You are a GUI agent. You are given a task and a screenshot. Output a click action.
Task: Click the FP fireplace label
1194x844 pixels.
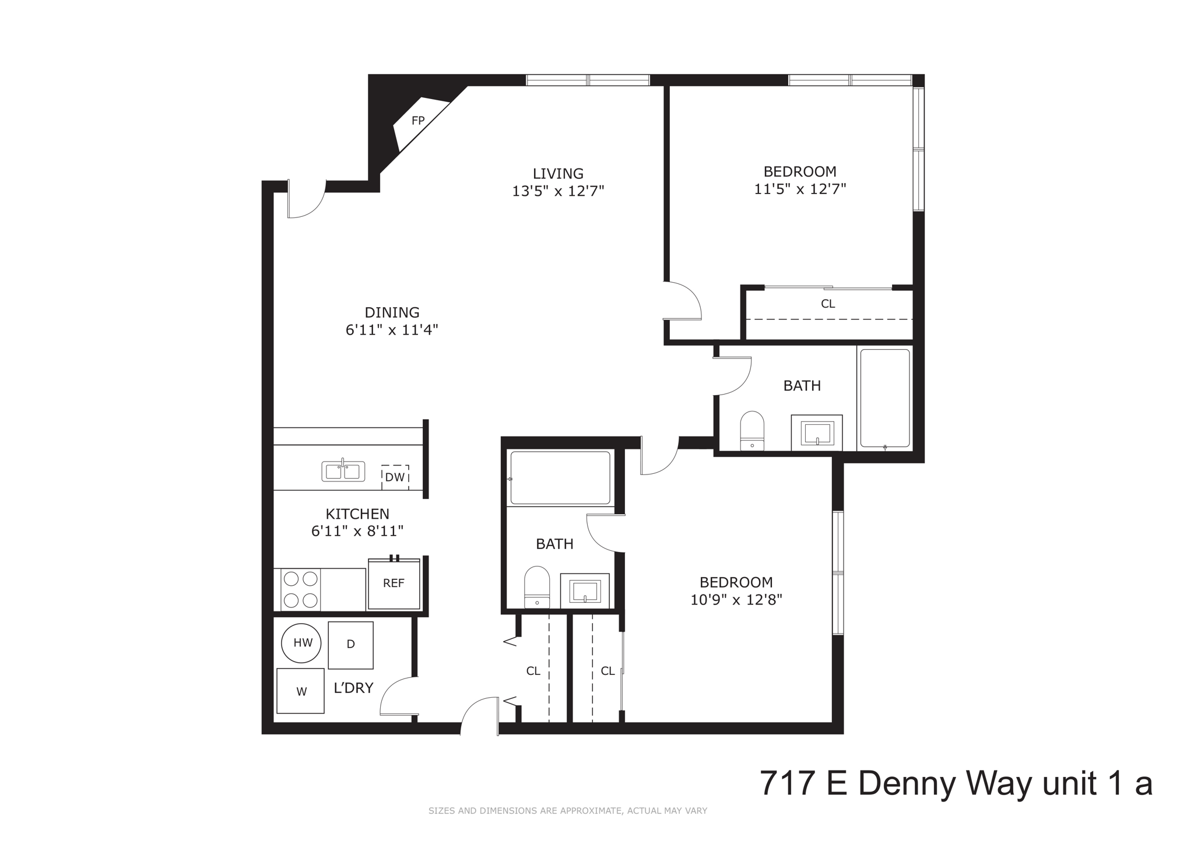click(418, 121)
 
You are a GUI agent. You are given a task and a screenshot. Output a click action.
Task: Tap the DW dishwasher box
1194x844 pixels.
click(395, 477)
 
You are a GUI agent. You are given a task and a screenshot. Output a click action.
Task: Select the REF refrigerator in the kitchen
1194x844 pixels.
click(394, 583)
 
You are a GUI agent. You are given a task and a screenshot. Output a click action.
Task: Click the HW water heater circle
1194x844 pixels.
click(302, 643)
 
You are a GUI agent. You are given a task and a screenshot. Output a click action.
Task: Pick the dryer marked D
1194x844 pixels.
click(350, 645)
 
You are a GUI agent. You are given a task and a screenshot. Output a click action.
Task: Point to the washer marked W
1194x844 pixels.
click(300, 691)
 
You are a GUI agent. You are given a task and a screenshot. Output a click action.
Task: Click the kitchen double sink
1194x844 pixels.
click(343, 471)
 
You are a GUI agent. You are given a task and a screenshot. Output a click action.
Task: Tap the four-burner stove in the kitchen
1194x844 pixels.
click(301, 589)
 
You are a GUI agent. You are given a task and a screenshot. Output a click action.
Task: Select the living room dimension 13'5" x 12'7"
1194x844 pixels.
click(557, 191)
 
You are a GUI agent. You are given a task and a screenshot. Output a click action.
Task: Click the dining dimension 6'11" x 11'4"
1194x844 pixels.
click(392, 330)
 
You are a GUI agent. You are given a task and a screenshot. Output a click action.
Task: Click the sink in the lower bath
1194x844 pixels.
click(585, 591)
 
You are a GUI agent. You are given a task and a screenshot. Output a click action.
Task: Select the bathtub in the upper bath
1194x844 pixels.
click(884, 398)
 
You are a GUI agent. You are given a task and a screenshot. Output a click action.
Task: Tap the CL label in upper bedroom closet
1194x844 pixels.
click(827, 304)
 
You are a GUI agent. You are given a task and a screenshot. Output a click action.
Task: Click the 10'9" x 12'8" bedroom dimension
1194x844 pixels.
click(736, 600)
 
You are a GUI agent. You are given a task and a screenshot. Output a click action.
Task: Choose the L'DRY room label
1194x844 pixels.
click(353, 688)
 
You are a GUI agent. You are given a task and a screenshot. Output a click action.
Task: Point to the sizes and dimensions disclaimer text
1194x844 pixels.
click(567, 811)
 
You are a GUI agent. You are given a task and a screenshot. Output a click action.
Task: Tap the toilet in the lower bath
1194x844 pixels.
click(537, 587)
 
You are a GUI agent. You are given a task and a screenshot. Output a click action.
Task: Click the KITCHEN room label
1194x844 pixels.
click(357, 514)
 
